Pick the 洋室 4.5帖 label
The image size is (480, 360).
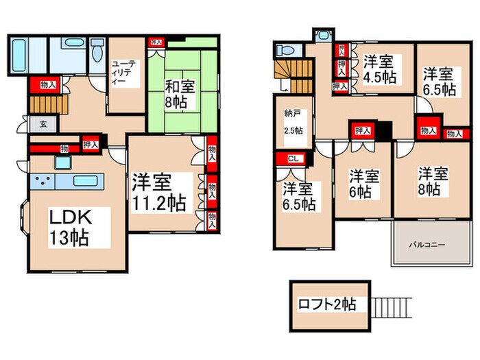pos(379,67)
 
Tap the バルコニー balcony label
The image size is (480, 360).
pos(428,243)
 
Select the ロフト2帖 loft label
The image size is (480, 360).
pos(326,304)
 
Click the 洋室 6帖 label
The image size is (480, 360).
pos(361,184)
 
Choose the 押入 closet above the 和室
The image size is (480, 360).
pos(156,43)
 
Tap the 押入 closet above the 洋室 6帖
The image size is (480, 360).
pos(361,130)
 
